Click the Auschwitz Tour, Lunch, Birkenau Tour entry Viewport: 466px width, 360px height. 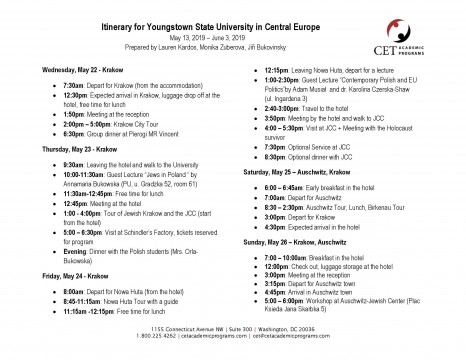331,207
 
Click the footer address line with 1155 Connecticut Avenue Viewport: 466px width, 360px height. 233,327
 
